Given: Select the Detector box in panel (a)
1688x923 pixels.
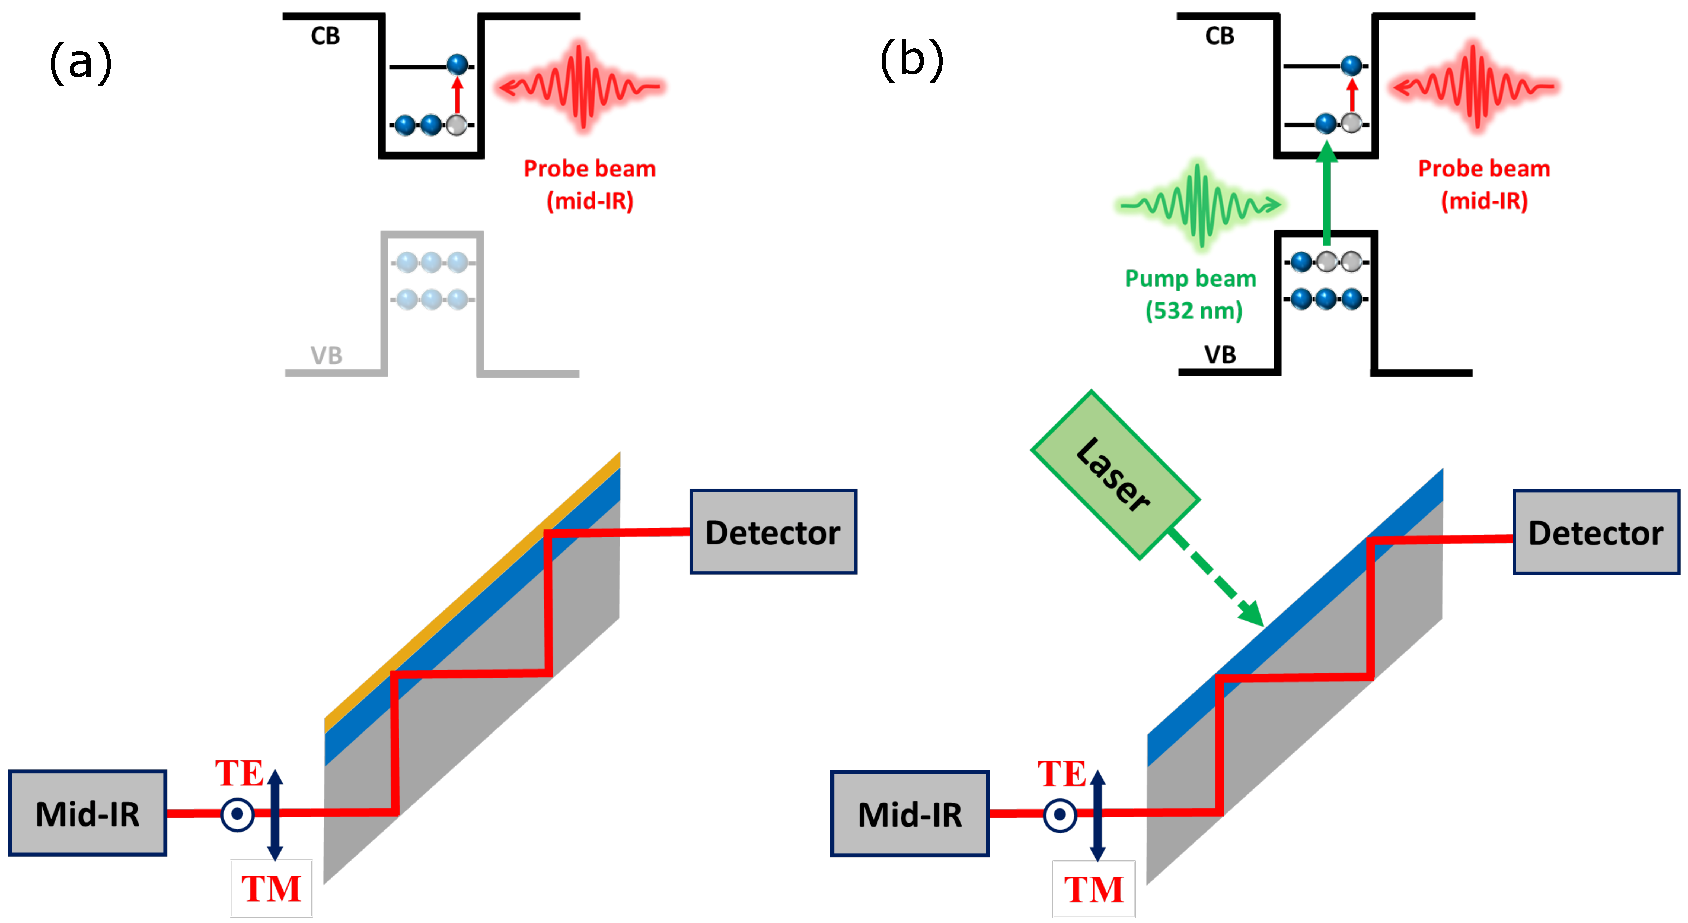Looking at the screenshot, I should [773, 532].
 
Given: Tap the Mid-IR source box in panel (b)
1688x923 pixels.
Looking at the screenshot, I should [910, 814].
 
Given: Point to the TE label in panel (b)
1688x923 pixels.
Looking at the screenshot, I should [1062, 773].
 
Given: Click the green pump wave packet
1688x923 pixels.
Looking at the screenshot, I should [1199, 205].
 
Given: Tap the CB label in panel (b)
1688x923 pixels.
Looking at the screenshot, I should [1220, 35].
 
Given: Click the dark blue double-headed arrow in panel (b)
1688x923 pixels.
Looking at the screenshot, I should [1097, 815].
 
